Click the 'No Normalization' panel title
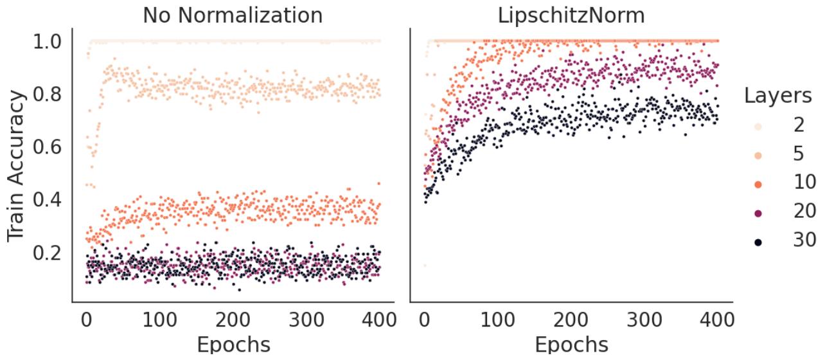(x=233, y=15)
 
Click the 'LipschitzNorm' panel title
(x=571, y=15)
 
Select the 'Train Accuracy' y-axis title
(x=17, y=166)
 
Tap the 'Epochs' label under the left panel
(x=233, y=345)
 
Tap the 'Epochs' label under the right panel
(x=571, y=345)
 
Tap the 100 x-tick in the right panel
(x=497, y=319)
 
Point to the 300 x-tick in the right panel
(x=644, y=319)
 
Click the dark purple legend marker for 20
(x=758, y=212)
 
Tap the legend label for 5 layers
(x=799, y=153)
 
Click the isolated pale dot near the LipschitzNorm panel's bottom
(x=425, y=265)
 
